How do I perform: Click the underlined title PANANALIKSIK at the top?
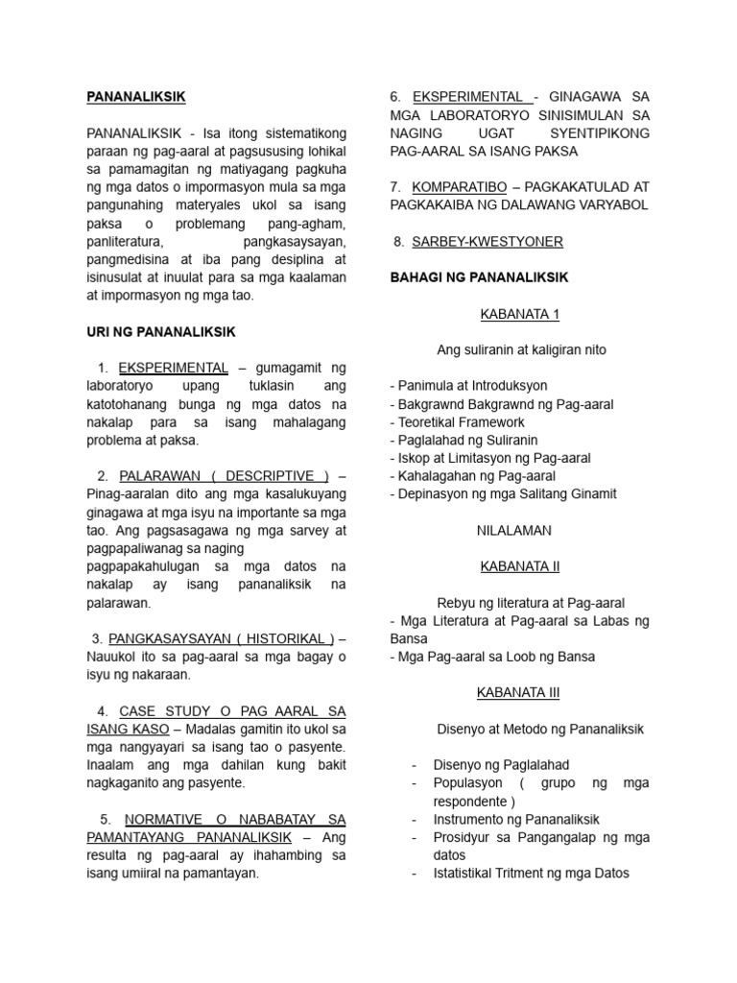click(x=135, y=97)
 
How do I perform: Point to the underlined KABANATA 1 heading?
click(x=518, y=314)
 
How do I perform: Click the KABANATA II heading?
click(x=518, y=566)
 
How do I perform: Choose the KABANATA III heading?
click(x=518, y=692)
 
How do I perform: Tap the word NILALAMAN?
click(x=518, y=530)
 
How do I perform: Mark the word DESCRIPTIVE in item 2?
click(x=273, y=476)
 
